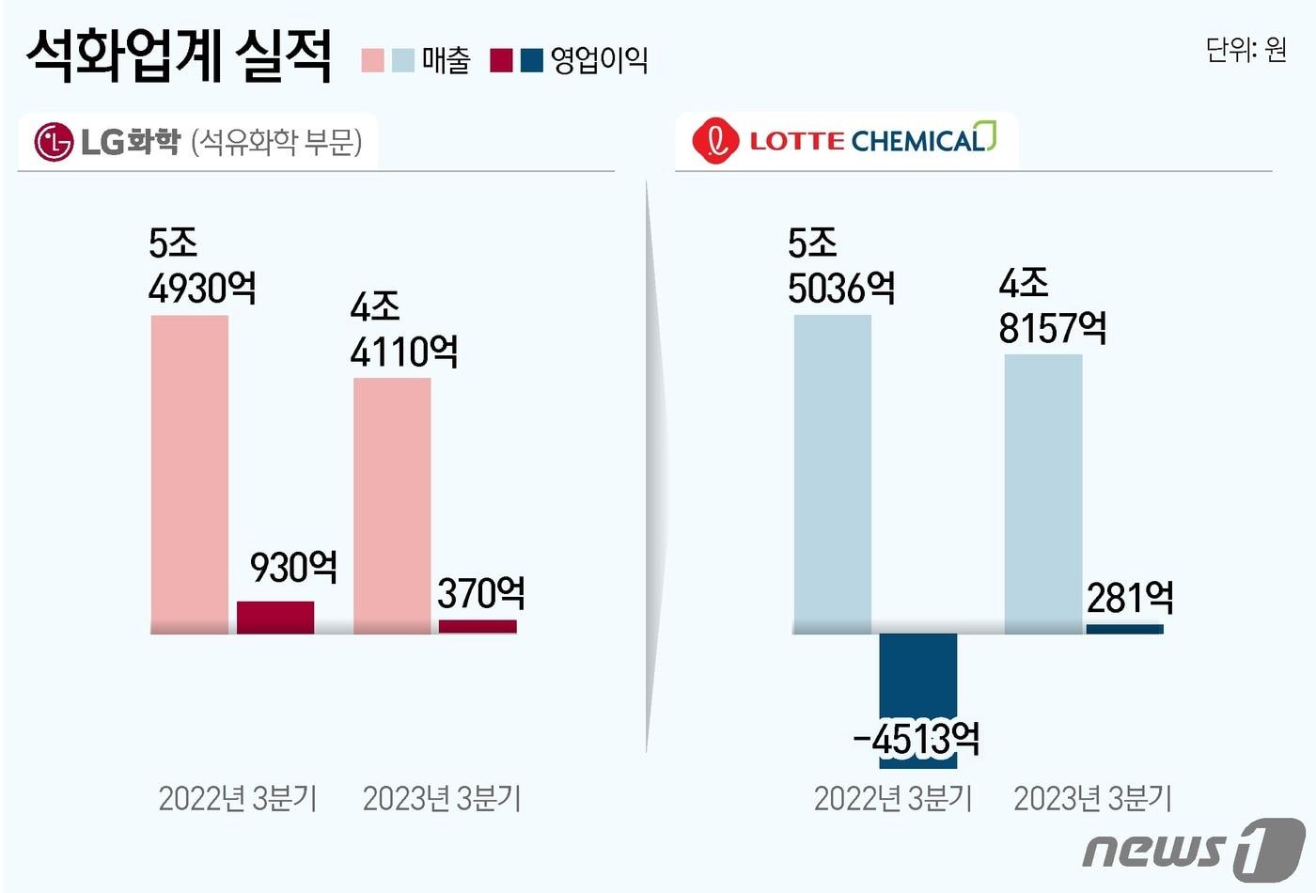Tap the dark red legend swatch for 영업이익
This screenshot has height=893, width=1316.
pyautogui.click(x=501, y=60)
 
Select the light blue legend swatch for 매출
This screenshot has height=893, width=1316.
pyautogui.click(x=402, y=60)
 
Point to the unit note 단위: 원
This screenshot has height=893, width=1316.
pyautogui.click(x=1245, y=49)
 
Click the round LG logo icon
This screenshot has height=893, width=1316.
pyautogui.click(x=54, y=142)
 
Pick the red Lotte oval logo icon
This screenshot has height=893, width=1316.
pyautogui.click(x=716, y=142)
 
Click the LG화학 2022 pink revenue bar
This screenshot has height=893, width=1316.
pyautogui.click(x=190, y=474)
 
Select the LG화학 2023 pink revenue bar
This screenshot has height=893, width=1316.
pyautogui.click(x=392, y=506)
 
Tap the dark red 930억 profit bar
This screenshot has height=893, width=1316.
pyautogui.click(x=275, y=617)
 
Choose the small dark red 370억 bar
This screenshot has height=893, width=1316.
pyautogui.click(x=478, y=626)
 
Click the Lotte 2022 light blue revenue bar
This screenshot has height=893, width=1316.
pyautogui.click(x=833, y=474)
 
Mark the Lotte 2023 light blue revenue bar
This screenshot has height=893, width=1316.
pyautogui.click(x=1043, y=493)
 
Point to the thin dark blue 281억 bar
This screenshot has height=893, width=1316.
pyautogui.click(x=1124, y=629)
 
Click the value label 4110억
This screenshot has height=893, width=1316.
pyautogui.click(x=404, y=352)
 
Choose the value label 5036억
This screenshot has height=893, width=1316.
pyautogui.click(x=841, y=288)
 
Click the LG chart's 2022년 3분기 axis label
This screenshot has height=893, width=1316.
pyautogui.click(x=238, y=798)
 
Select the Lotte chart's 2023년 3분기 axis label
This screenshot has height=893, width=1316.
pyautogui.click(x=1093, y=798)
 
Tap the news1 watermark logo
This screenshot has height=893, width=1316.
pyautogui.click(x=1194, y=849)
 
